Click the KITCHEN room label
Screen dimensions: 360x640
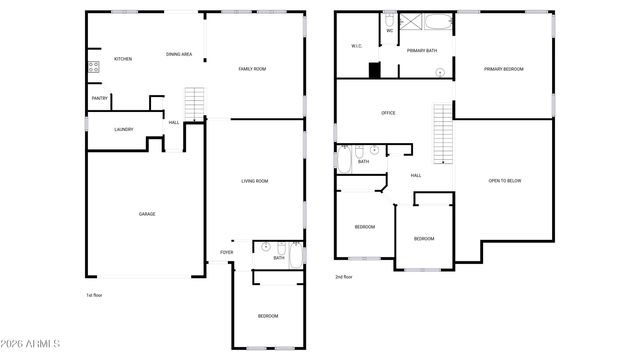click(123, 59)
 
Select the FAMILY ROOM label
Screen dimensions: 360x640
click(252, 69)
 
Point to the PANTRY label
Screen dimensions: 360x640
click(100, 98)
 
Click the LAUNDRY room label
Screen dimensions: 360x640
click(124, 129)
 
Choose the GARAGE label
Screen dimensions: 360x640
click(147, 214)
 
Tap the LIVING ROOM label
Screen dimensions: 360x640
click(255, 181)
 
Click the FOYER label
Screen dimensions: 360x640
click(227, 252)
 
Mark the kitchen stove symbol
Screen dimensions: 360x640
click(94, 68)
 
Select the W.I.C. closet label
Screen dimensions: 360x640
click(357, 46)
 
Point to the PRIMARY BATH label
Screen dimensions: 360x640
click(422, 50)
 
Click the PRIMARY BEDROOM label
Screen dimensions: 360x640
click(504, 69)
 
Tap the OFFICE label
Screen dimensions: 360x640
click(388, 113)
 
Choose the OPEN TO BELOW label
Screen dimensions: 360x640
click(505, 181)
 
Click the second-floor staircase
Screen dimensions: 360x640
click(441, 135)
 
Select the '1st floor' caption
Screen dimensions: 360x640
click(95, 296)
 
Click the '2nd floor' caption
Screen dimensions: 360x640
click(345, 277)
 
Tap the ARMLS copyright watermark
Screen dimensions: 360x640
click(32, 345)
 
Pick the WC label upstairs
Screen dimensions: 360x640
click(390, 30)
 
